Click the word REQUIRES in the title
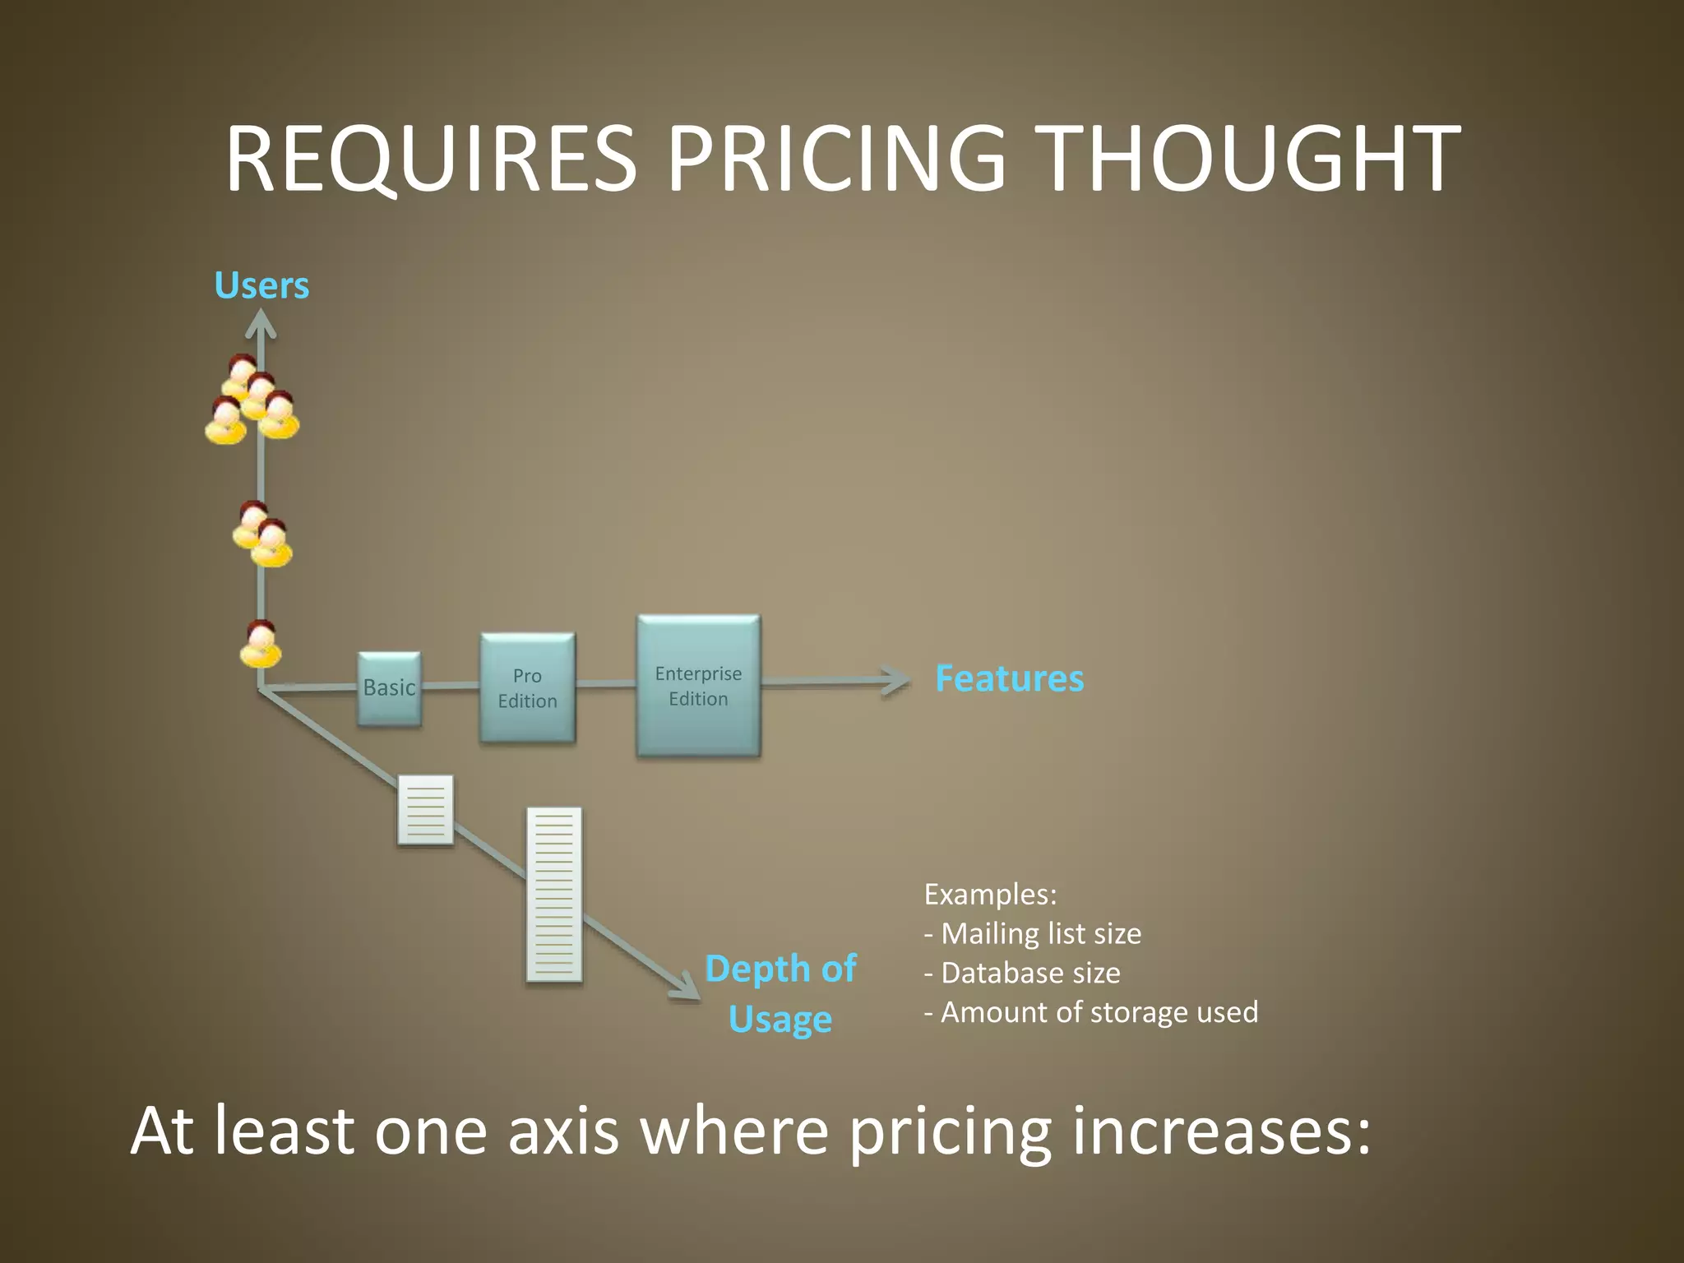[x=431, y=158]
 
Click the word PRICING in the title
[x=835, y=158]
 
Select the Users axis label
[x=261, y=285]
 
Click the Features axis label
[x=1009, y=679]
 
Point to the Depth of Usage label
[x=780, y=993]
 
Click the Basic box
[x=389, y=688]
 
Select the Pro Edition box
[x=527, y=688]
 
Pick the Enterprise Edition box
[x=698, y=686]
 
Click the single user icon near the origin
[x=261, y=644]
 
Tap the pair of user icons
[x=262, y=534]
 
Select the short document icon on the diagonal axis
[x=425, y=810]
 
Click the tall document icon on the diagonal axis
[x=553, y=895]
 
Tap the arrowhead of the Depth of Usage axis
[x=686, y=988]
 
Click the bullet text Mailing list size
[x=1040, y=934]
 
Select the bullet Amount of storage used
[x=1098, y=1012]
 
